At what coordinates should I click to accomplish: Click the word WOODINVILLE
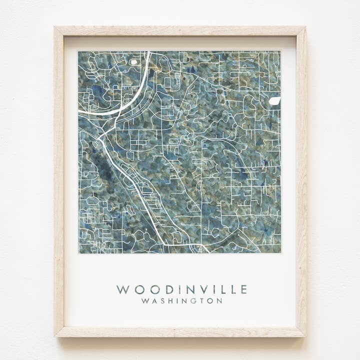click(x=181, y=289)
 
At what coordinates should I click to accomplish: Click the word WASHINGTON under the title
click(x=181, y=301)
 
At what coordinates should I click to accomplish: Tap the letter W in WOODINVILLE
click(x=121, y=289)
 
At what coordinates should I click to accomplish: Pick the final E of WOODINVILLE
click(x=243, y=289)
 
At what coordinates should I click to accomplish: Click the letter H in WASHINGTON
click(x=169, y=301)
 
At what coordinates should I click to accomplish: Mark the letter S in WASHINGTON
click(x=161, y=301)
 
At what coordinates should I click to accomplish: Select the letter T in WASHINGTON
click(x=201, y=301)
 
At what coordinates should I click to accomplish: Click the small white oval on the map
click(x=133, y=62)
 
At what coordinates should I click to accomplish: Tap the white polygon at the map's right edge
click(x=274, y=101)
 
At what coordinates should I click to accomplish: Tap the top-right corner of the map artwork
click(x=280, y=51)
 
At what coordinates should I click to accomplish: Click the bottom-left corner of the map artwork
click(x=78, y=253)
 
